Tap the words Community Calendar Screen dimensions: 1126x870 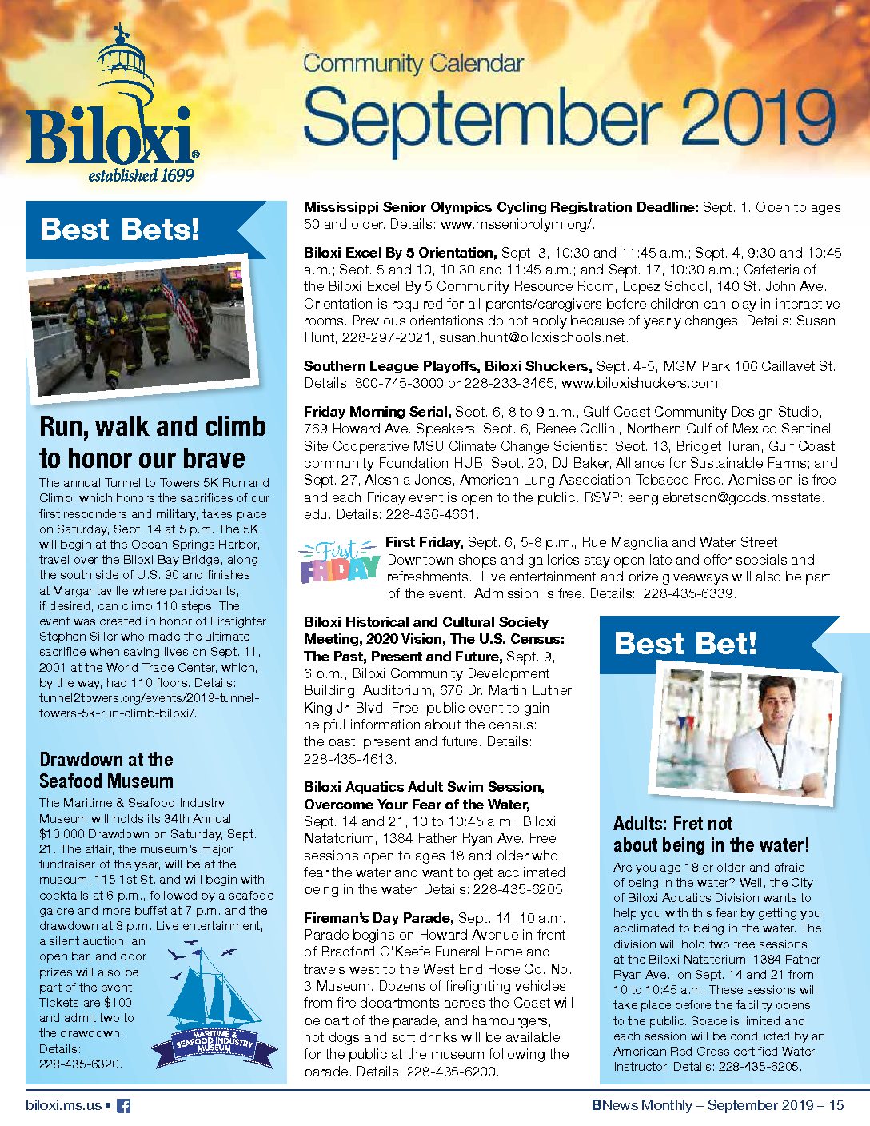coord(413,63)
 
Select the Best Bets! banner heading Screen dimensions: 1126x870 coord(120,230)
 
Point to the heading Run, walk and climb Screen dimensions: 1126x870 coord(153,426)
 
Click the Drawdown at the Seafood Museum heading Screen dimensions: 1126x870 coord(106,770)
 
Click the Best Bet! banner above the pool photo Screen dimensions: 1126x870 coord(685,644)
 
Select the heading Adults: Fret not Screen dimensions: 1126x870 coord(672,824)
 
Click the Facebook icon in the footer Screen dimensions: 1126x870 coord(124,1106)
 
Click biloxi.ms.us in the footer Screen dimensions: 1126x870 coord(64,1105)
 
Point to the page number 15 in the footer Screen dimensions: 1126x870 coord(836,1105)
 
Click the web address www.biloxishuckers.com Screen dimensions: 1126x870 coord(641,383)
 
